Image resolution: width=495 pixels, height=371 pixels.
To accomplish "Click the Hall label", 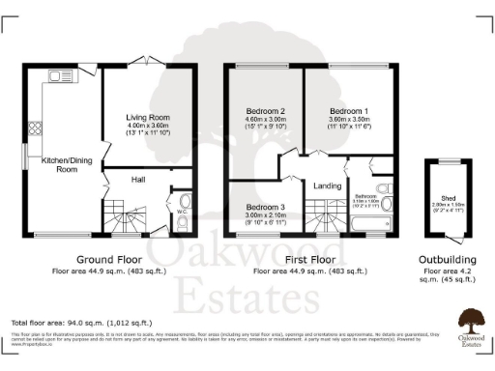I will (x=139, y=180).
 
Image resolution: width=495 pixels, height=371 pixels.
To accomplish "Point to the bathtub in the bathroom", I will (x=368, y=225).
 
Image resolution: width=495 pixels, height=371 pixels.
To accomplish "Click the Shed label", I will (x=448, y=198).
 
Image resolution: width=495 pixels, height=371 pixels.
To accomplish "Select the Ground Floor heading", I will (x=108, y=260).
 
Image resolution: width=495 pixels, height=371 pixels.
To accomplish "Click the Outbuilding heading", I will (x=447, y=260).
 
